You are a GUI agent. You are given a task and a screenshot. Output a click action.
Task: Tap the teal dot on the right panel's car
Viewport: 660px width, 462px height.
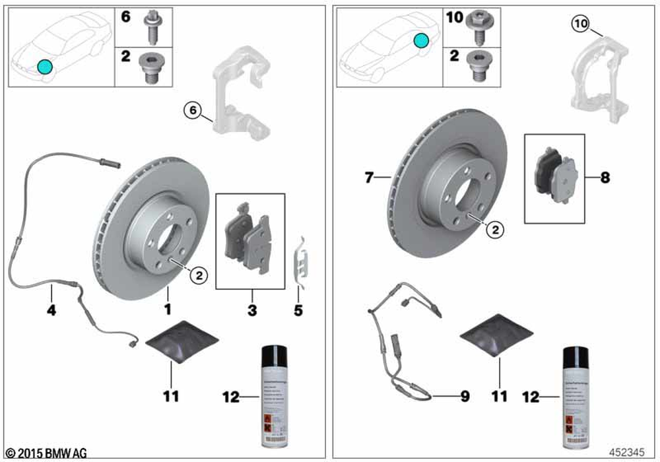click(421, 41)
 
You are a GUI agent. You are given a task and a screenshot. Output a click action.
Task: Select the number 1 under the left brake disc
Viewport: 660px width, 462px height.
click(168, 309)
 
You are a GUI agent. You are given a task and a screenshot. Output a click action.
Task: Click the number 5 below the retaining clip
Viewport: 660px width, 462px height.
click(298, 309)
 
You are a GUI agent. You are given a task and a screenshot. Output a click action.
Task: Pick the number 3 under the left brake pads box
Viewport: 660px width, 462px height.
click(251, 309)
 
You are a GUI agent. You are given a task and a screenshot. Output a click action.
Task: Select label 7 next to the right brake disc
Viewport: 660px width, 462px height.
click(369, 177)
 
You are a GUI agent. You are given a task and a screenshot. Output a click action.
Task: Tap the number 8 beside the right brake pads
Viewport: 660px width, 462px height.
click(605, 177)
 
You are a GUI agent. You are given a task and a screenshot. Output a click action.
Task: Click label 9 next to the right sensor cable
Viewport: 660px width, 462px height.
click(465, 397)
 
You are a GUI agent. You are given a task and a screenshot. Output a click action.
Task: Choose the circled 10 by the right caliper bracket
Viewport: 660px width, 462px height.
click(579, 24)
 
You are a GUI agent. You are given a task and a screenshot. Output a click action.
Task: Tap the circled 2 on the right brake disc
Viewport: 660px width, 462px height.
click(495, 229)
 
